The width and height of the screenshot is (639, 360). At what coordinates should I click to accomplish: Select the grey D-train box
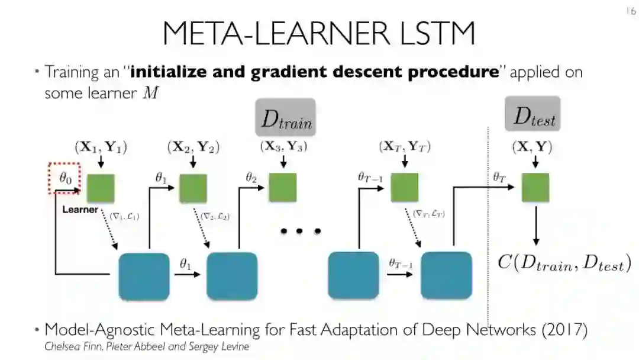tap(285, 117)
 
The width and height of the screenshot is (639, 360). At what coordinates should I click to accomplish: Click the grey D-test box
tap(533, 114)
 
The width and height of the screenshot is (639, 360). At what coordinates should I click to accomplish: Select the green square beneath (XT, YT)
tap(405, 188)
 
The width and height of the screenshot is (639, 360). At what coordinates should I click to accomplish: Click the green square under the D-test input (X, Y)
tap(535, 188)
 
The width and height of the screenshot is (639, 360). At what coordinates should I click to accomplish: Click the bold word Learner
tap(80, 210)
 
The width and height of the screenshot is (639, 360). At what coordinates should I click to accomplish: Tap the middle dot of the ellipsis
tap(300, 231)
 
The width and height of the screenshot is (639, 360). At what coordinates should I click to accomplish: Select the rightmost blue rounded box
tap(446, 276)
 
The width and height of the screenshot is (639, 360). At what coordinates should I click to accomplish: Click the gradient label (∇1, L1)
tap(124, 217)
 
